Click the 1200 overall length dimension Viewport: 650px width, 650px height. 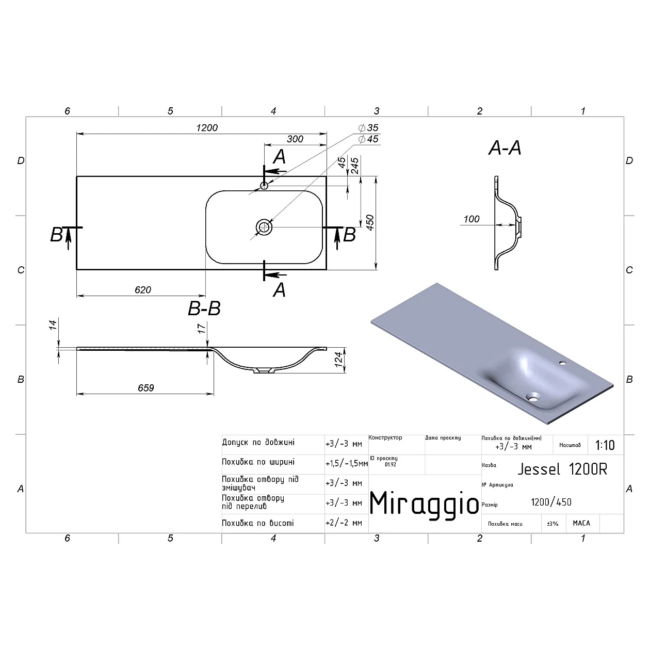207,127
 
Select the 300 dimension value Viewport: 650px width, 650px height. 295,139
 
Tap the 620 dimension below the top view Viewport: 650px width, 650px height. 143,290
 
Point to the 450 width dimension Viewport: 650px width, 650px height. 370,222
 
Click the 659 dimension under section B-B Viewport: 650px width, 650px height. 146,388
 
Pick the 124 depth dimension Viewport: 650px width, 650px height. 339,360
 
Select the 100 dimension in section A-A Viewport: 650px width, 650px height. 472,219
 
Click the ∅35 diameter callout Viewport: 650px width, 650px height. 368,128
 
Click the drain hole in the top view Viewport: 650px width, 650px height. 264,226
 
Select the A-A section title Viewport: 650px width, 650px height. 505,149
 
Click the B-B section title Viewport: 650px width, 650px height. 204,309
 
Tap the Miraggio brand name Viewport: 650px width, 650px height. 425,502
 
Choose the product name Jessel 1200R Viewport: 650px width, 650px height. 562,469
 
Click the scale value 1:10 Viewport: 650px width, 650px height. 605,445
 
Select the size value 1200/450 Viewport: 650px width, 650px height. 551,502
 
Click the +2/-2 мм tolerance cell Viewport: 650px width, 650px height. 344,523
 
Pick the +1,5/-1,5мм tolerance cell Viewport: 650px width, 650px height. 346,464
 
